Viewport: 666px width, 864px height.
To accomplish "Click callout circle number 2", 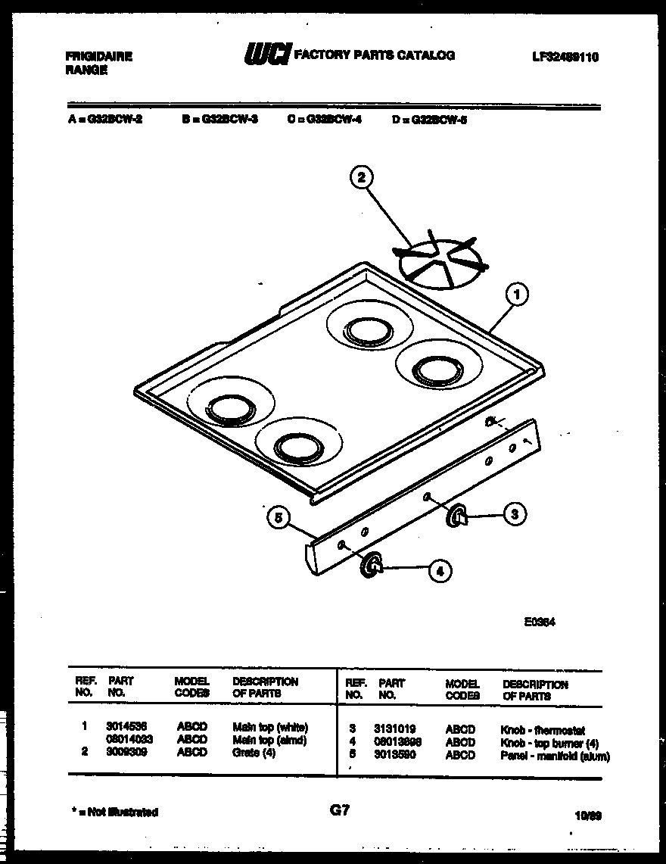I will pyautogui.click(x=361, y=178).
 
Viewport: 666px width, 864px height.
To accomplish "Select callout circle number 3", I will pyautogui.click(x=514, y=515).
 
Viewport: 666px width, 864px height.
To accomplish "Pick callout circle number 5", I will pyautogui.click(x=279, y=518).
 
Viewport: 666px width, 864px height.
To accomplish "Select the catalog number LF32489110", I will pyautogui.click(x=560, y=57).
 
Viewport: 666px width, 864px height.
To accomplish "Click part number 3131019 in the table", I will pyautogui.click(x=394, y=729).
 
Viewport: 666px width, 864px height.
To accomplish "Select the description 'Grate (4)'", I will pyautogui.click(x=254, y=753).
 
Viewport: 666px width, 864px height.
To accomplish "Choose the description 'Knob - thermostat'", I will pyautogui.click(x=541, y=730).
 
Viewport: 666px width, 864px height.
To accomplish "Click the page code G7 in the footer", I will pyautogui.click(x=340, y=810).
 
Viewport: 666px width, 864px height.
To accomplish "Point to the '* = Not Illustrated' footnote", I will pyautogui.click(x=113, y=812).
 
